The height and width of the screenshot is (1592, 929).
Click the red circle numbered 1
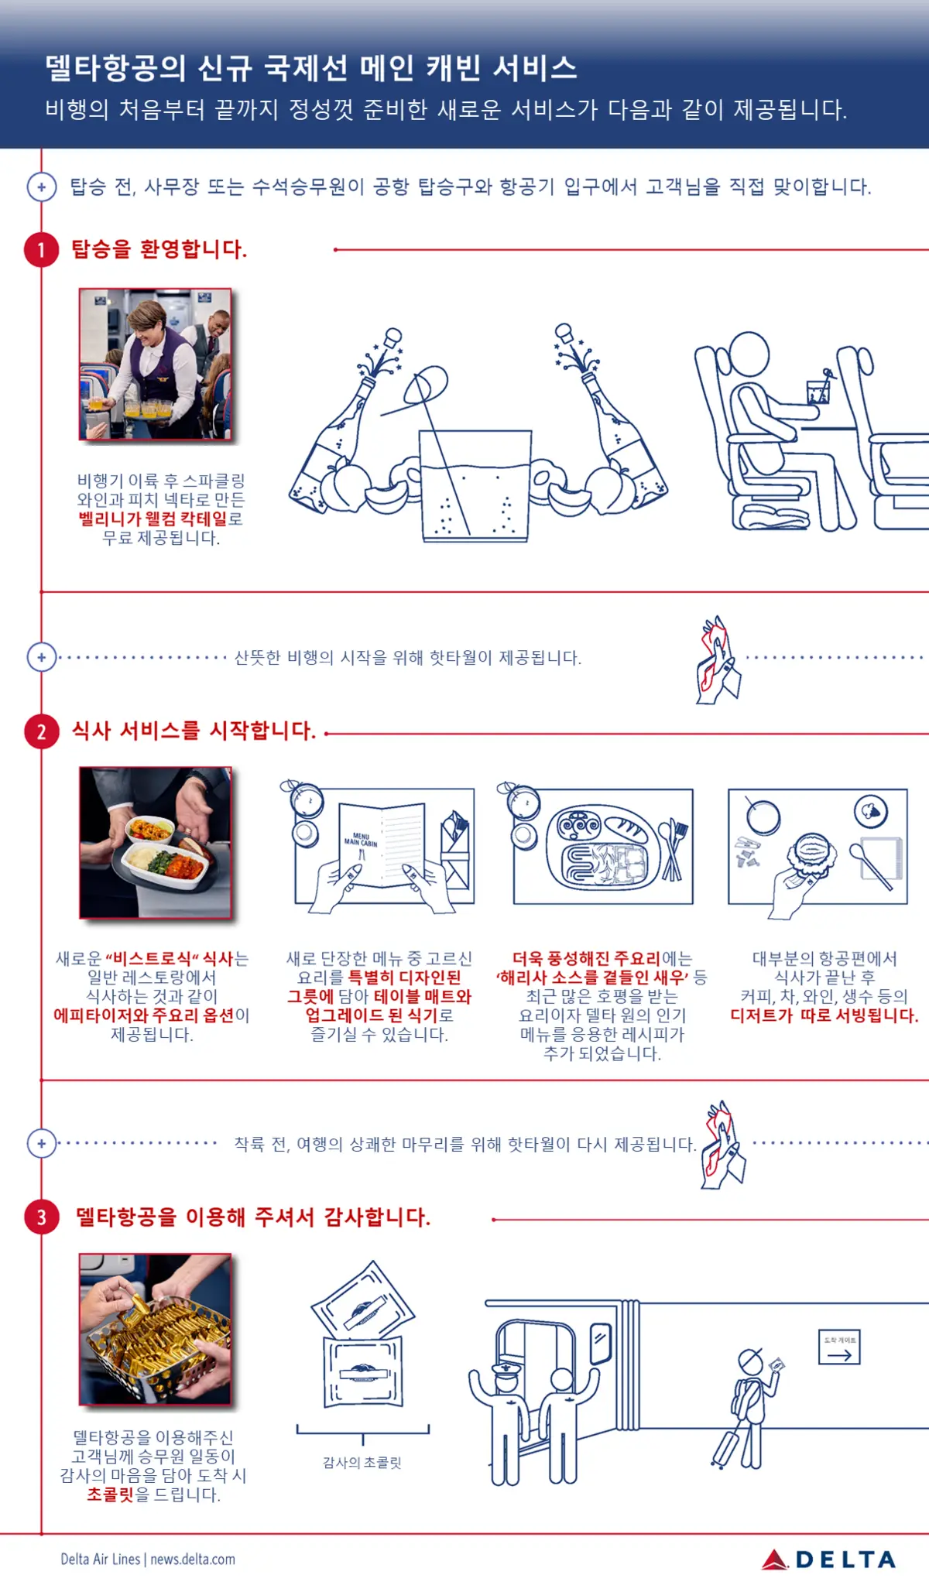click(x=42, y=250)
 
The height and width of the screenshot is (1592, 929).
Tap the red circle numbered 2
click(x=42, y=731)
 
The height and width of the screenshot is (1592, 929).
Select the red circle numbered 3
click(x=42, y=1217)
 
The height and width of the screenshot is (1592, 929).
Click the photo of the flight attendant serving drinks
click(x=156, y=365)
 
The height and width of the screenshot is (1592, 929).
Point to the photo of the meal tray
click(x=156, y=843)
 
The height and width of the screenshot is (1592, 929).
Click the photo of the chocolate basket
click(x=156, y=1329)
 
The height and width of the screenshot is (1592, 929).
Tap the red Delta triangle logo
click(x=774, y=1559)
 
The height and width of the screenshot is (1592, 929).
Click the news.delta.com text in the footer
click(x=193, y=1559)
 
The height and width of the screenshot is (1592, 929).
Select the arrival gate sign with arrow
click(x=839, y=1347)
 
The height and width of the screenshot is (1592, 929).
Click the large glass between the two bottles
click(x=475, y=486)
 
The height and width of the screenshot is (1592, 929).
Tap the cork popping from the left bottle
click(x=393, y=337)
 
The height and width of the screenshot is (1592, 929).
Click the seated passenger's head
click(x=747, y=355)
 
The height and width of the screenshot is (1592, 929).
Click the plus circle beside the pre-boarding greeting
click(x=42, y=187)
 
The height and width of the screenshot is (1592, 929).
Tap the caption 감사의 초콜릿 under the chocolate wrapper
click(x=362, y=1463)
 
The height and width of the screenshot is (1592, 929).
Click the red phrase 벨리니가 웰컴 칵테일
click(x=153, y=519)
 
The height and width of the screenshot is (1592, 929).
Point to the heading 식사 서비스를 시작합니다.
click(x=194, y=731)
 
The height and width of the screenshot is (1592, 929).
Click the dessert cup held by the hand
click(x=811, y=854)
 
